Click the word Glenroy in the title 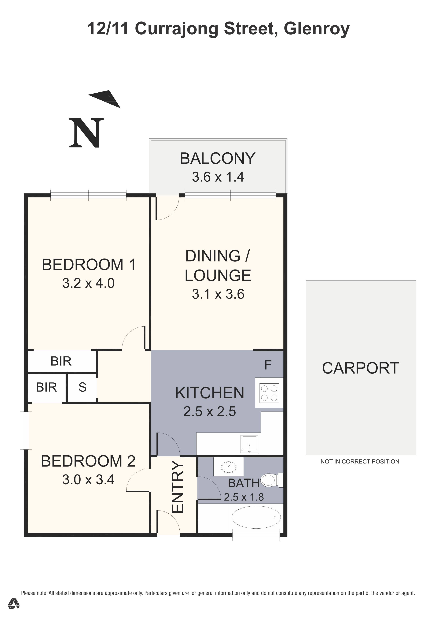(x=317, y=29)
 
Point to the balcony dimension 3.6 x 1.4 (x=218, y=177)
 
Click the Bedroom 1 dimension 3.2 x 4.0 (x=88, y=283)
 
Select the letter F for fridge (x=268, y=365)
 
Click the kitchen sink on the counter (x=249, y=444)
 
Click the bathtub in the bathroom (x=256, y=517)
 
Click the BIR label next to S (x=46, y=387)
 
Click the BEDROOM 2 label (x=88, y=461)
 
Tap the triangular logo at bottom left (x=13, y=611)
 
